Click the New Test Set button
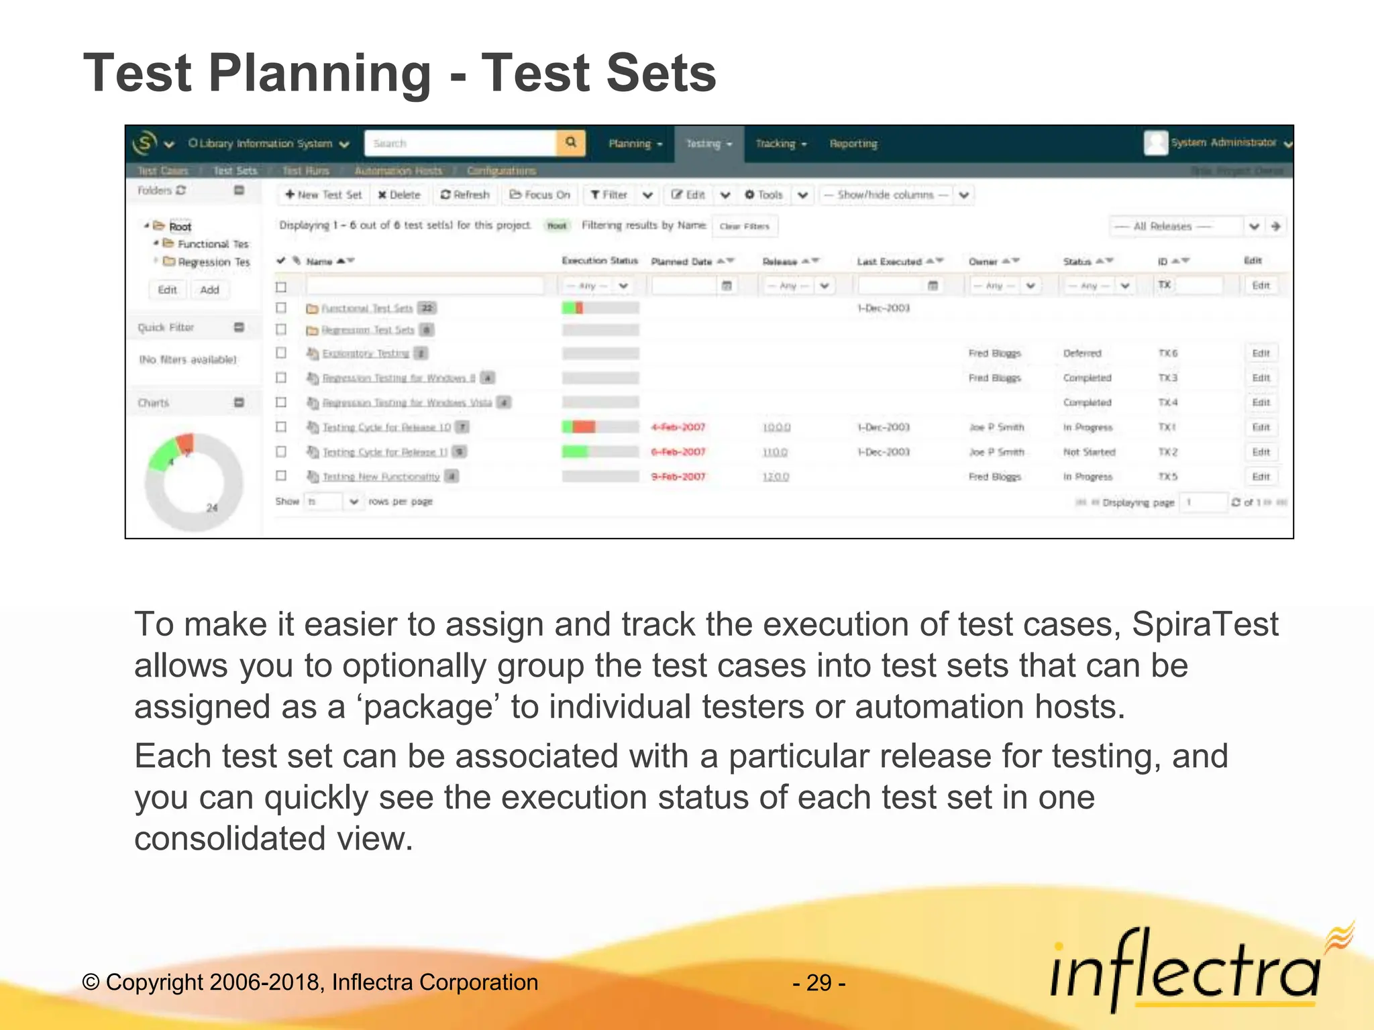(323, 195)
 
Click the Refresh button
(465, 195)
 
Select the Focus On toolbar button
(540, 195)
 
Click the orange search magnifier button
(571, 143)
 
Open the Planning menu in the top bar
(635, 144)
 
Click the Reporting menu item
(853, 144)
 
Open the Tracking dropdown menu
(780, 144)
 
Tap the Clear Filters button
(744, 227)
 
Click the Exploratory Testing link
(365, 353)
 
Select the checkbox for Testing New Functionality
(281, 476)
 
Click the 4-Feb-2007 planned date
(678, 427)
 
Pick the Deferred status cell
(1081, 353)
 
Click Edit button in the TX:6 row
(1261, 353)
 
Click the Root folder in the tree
(180, 227)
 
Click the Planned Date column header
(682, 262)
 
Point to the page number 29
(818, 983)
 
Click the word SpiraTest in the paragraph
(1204, 625)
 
